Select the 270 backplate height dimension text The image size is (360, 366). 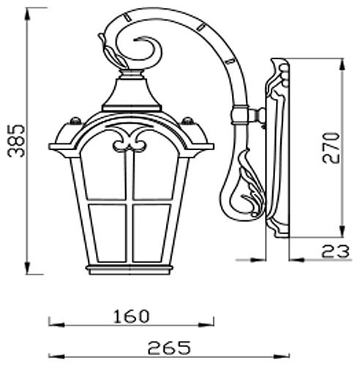(x=331, y=147)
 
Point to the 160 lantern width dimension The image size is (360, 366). (x=132, y=316)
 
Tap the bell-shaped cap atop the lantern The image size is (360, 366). (x=132, y=95)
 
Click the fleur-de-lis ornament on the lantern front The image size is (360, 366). (x=132, y=140)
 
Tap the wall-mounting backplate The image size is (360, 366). (x=277, y=146)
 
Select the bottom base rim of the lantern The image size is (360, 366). (x=132, y=269)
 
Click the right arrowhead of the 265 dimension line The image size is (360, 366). (x=285, y=353)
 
